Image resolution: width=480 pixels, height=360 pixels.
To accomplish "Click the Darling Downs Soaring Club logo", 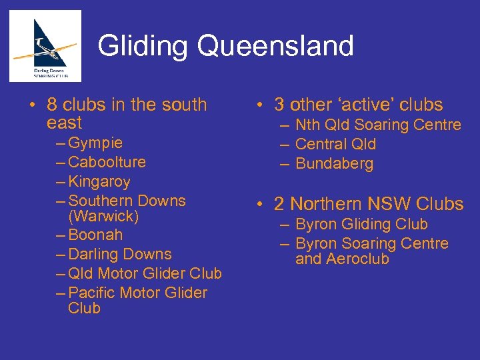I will (45, 46).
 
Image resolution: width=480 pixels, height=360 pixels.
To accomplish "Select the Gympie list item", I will (95, 143).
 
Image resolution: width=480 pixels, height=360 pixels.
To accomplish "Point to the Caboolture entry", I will (107, 162).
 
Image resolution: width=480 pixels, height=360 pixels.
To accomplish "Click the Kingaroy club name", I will (99, 181).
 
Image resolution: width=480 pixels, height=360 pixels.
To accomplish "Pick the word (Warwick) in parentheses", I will (103, 217).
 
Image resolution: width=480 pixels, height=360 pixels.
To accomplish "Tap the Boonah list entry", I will (95, 235).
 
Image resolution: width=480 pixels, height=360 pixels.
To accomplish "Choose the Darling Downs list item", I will (120, 254).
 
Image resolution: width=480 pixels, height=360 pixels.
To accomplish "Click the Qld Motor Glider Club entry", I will (145, 273).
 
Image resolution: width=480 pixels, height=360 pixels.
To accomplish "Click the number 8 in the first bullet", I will (52, 105).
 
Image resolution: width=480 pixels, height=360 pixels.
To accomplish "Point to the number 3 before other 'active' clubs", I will (279, 105).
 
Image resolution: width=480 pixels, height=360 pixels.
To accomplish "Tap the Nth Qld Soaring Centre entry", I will (378, 125).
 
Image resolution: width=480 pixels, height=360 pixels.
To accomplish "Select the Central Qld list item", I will (335, 144).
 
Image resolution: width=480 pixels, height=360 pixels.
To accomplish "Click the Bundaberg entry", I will (334, 163).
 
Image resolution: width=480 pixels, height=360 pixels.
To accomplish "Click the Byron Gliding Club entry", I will (361, 225).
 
